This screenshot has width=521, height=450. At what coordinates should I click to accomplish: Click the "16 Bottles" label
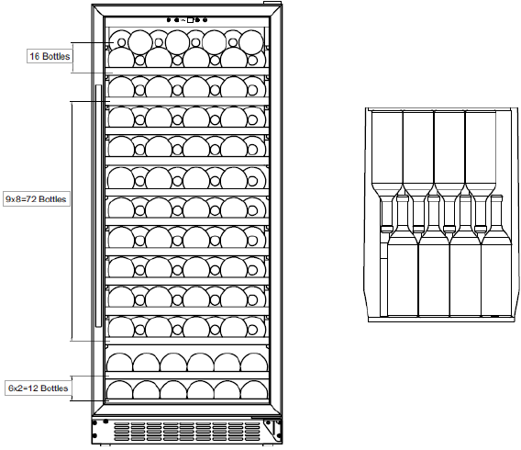click(x=50, y=56)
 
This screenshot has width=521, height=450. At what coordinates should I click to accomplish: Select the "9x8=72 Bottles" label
click(x=36, y=199)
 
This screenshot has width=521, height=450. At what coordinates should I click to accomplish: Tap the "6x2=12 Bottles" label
click(x=38, y=388)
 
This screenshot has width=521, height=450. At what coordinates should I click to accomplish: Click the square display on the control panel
click(x=190, y=20)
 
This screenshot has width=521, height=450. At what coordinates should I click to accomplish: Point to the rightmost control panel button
click(x=205, y=20)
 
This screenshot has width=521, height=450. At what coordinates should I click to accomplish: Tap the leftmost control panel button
click(x=169, y=20)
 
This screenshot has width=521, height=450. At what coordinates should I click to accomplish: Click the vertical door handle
click(x=98, y=206)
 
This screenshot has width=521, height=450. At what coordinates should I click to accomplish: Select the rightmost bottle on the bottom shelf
click(x=254, y=389)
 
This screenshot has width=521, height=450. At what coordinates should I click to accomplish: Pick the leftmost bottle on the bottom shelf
click(x=119, y=389)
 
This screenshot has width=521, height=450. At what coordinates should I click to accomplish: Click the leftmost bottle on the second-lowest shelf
click(x=119, y=362)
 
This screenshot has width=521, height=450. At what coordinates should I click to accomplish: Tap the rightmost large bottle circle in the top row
click(x=251, y=42)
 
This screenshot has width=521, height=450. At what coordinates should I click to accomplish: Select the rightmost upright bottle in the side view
click(x=496, y=256)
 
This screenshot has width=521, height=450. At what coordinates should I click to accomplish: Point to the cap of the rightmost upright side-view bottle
click(x=496, y=197)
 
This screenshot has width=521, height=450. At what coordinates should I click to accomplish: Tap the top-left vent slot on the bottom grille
click(x=121, y=425)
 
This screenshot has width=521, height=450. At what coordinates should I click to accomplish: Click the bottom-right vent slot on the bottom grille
click(x=253, y=439)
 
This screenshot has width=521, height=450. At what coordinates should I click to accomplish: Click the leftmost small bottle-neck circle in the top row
click(x=122, y=42)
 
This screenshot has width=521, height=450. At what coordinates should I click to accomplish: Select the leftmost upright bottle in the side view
click(x=403, y=256)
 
